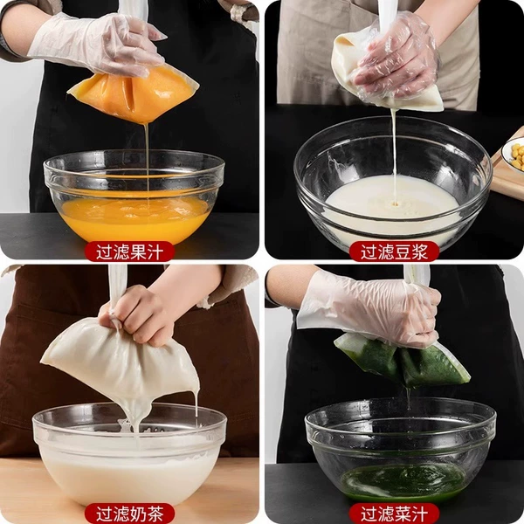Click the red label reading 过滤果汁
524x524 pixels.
click(129, 252)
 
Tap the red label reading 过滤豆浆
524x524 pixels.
click(394, 252)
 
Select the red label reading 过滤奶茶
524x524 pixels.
click(129, 514)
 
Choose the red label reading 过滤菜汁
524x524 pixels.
click(394, 514)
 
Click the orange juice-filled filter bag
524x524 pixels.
click(134, 93)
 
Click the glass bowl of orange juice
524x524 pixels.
click(134, 196)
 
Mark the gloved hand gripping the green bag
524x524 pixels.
click(371, 309)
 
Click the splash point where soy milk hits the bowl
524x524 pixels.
click(396, 203)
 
